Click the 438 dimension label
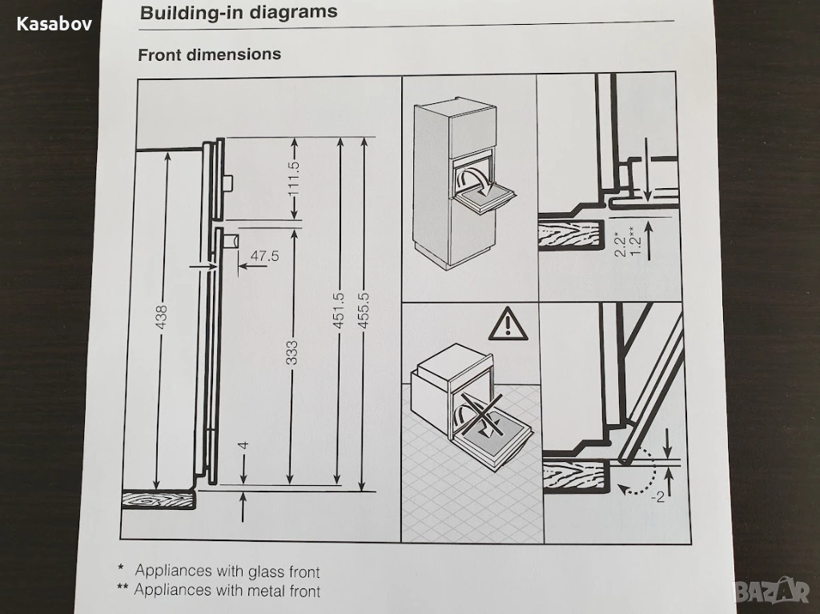coord(161,317)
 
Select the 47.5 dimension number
coord(264,255)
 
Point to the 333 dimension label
coord(291,352)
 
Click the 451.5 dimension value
coord(339,311)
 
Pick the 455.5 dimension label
coord(364,310)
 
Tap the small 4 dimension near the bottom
coord(243,446)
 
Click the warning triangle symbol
coord(508,324)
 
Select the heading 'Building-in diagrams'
coord(239,12)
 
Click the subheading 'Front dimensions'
coord(209,54)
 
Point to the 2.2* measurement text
coord(621,244)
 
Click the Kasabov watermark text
coord(54,24)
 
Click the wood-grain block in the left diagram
coord(159,500)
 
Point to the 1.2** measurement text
coord(635,242)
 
